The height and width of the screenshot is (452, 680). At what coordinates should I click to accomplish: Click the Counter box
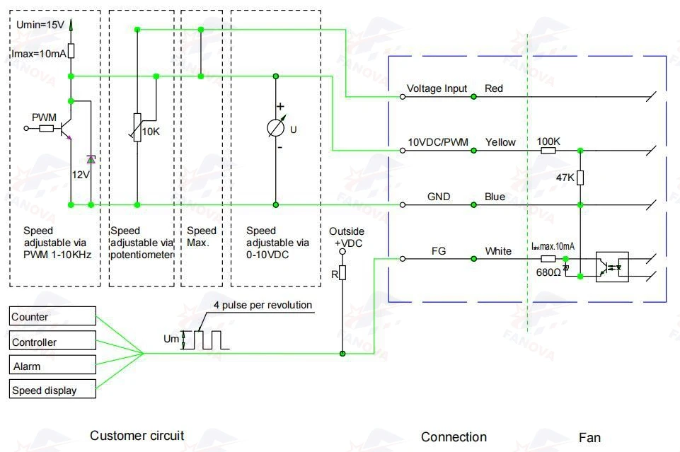52,316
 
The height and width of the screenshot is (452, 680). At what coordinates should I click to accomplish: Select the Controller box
52,340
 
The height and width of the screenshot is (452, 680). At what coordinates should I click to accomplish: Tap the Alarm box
52,364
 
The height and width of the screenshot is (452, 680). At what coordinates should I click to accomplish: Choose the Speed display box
52,389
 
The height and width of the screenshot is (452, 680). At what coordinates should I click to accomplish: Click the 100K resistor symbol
548,151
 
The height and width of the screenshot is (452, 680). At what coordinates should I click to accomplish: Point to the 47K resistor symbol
580,178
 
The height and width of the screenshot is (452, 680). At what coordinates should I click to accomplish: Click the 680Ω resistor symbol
548,259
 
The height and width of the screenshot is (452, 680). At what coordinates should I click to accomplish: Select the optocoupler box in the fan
612,267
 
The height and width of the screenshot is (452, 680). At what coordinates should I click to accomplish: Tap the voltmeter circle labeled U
276,128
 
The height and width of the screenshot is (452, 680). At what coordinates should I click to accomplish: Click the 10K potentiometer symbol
137,127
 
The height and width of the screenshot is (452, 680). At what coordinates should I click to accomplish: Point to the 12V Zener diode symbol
91,159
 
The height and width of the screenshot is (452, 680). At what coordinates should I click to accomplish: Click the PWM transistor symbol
66,128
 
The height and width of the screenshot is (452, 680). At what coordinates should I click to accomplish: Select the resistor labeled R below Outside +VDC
342,272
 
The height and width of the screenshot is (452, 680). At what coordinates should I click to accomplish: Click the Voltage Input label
437,88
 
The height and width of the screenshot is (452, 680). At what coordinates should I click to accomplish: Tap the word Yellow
500,142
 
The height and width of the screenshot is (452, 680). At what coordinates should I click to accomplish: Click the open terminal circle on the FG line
403,259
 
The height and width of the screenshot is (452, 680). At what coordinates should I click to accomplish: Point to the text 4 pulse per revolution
263,305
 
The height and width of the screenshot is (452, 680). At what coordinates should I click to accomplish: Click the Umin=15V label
40,25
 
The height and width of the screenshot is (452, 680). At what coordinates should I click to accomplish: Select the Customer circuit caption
137,436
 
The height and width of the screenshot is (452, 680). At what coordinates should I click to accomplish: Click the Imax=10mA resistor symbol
71,51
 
